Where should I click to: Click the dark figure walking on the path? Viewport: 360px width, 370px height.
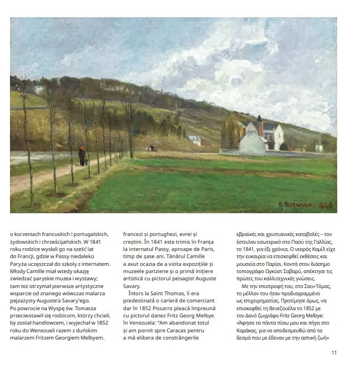point(82,156)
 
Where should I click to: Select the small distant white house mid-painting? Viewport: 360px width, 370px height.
point(194,140)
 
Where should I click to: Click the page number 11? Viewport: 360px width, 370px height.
point(333,352)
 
